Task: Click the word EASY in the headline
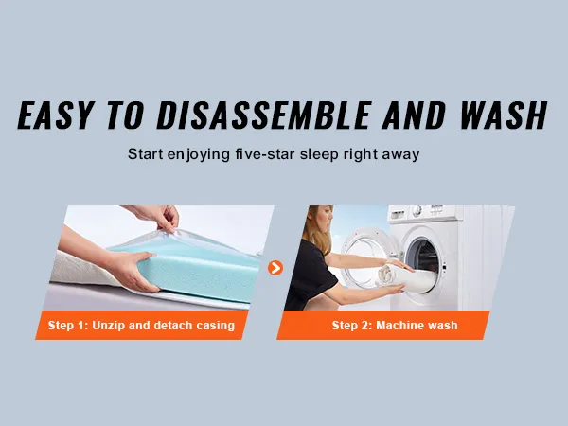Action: pyautogui.click(x=57, y=115)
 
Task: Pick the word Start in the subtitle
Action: pyautogui.click(x=145, y=154)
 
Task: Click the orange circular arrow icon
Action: pyautogui.click(x=275, y=268)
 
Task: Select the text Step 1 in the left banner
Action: pyautogui.click(x=68, y=326)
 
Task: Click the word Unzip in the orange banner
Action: pyautogui.click(x=108, y=326)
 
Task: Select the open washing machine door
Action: pyautogui.click(x=364, y=257)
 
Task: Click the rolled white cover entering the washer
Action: pyautogui.click(x=402, y=277)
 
